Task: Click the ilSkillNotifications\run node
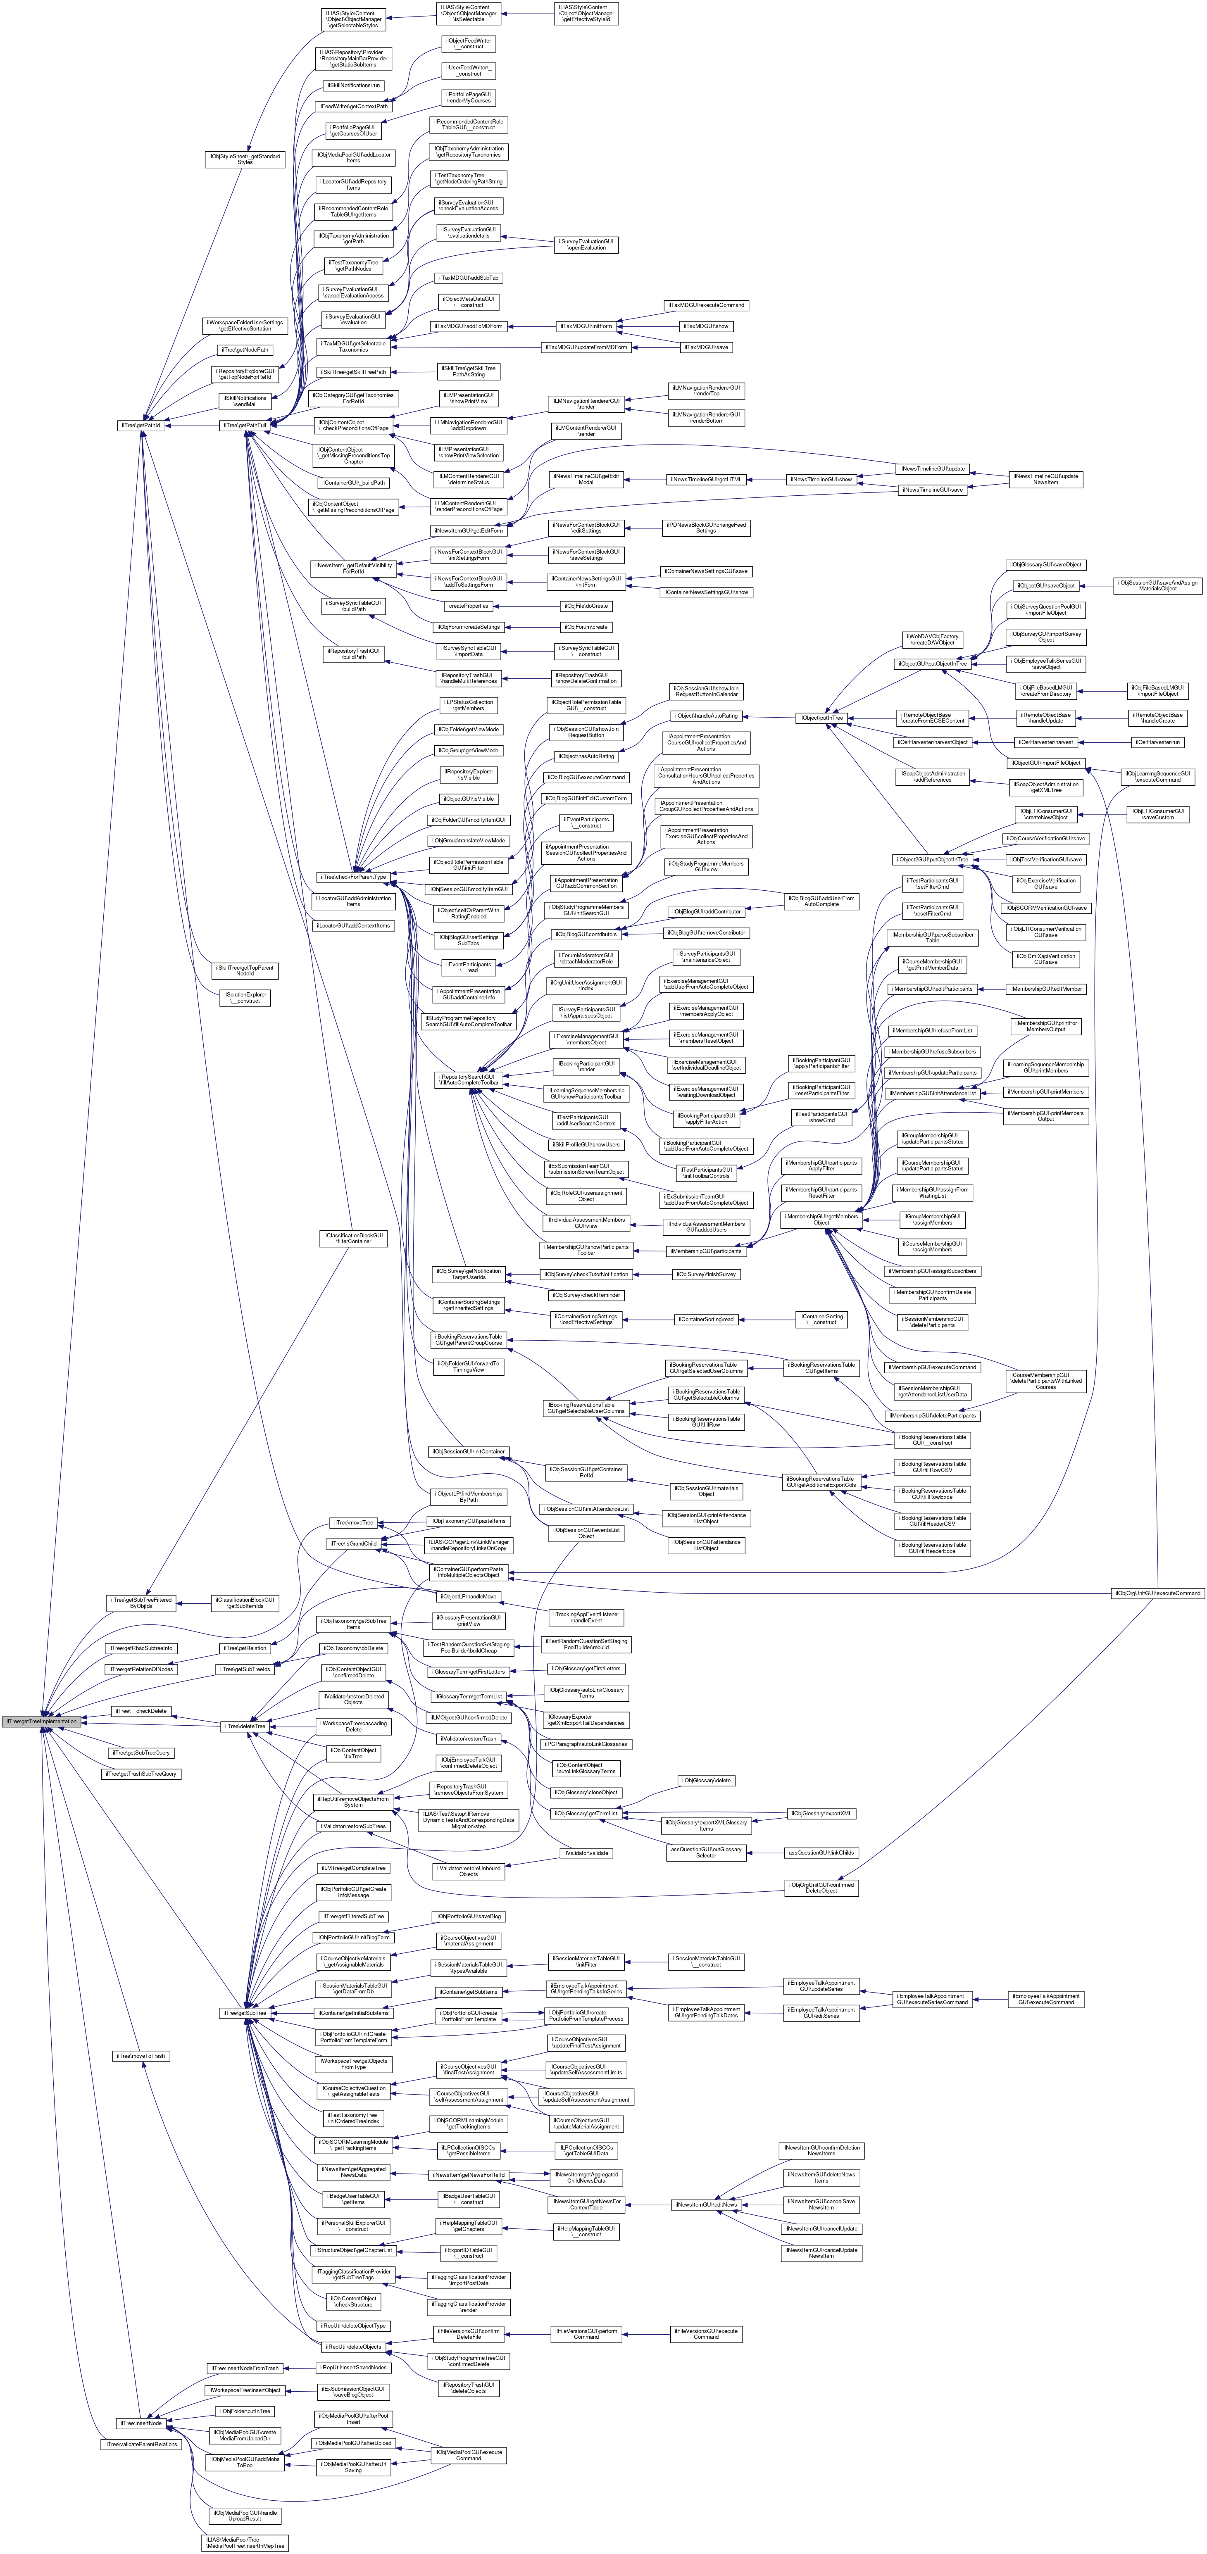353,85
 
